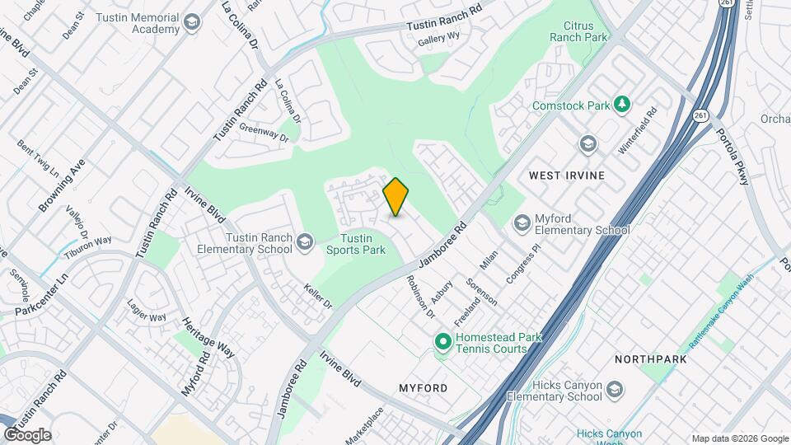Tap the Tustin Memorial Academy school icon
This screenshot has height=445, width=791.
tap(193, 22)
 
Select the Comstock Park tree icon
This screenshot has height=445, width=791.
tap(624, 104)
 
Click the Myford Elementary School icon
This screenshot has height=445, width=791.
tap(521, 222)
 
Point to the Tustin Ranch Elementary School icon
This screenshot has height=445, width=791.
tap(305, 241)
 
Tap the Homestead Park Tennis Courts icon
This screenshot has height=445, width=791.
tap(442, 340)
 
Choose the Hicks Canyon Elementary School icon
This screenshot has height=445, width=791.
tap(615, 389)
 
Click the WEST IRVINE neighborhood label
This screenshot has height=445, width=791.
tap(567, 176)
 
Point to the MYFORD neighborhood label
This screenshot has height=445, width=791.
tap(423, 387)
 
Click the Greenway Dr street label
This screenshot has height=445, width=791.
tap(264, 132)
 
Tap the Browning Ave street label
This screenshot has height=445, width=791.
tap(62, 186)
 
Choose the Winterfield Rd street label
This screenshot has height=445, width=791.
tap(639, 131)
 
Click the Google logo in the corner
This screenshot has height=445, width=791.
tap(27, 435)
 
